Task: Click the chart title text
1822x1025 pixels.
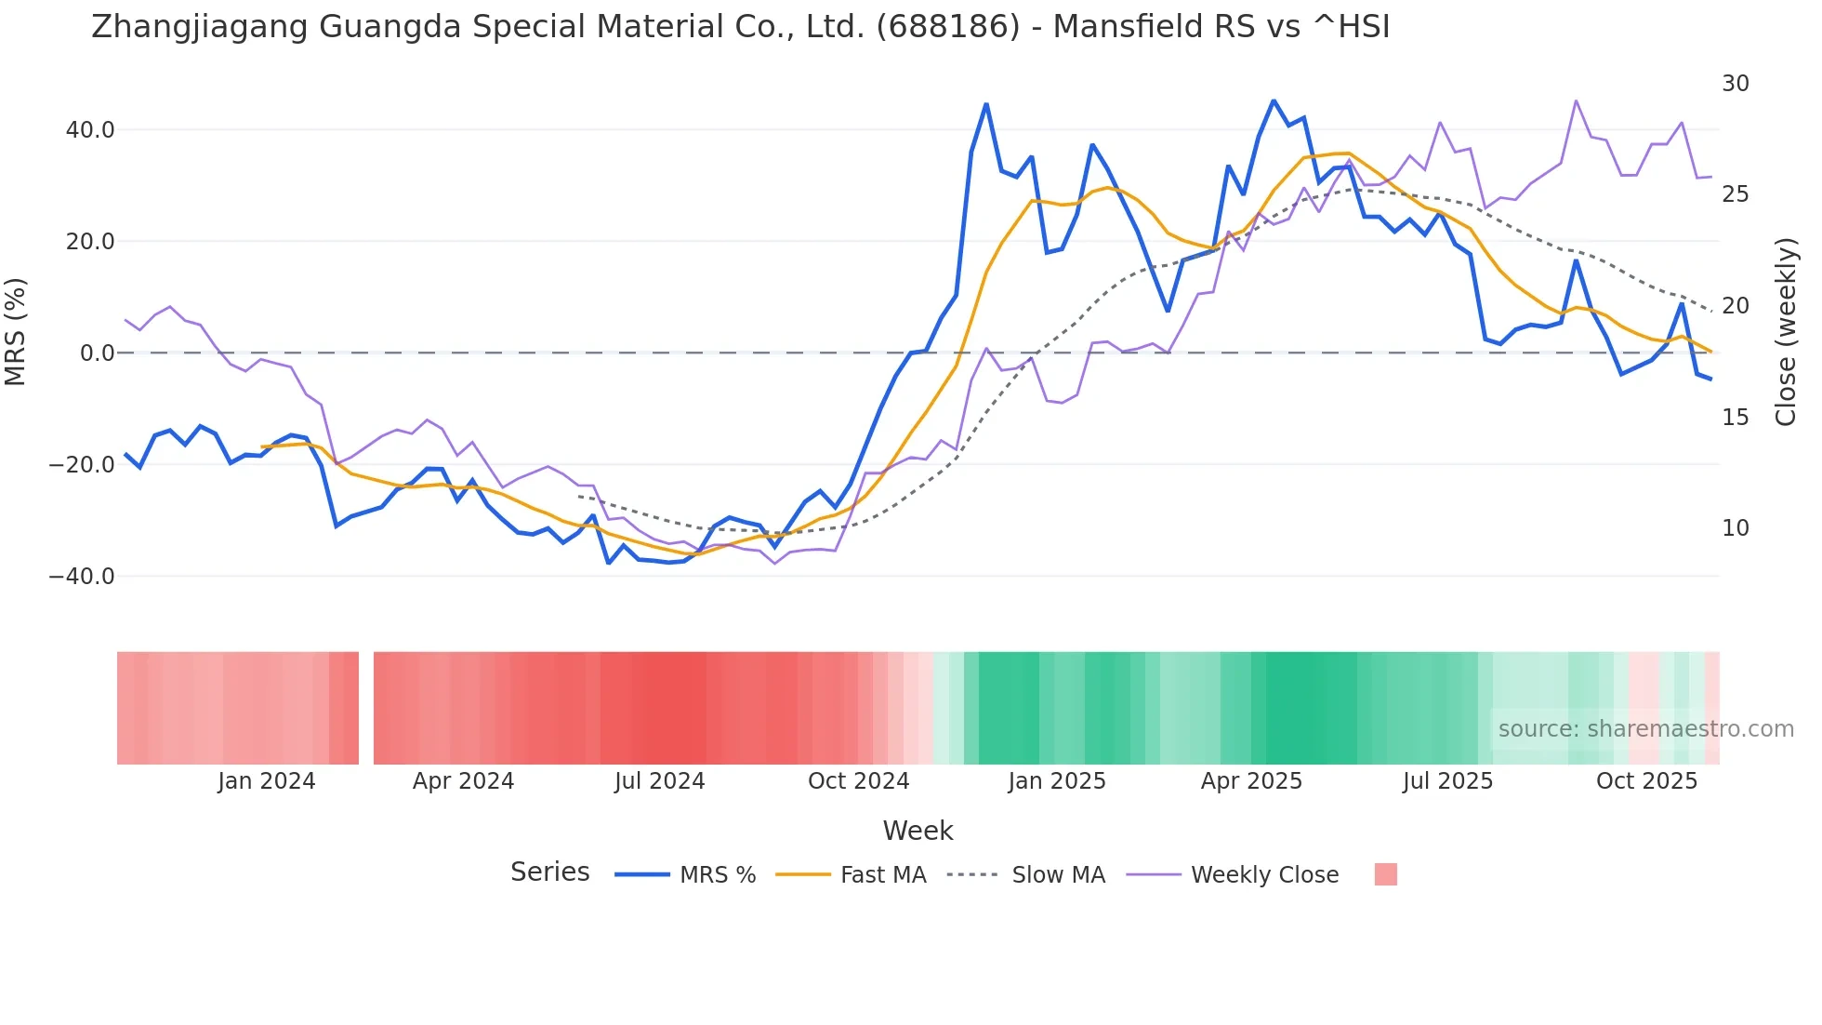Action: tap(740, 27)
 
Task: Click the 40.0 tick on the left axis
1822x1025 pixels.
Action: tap(90, 130)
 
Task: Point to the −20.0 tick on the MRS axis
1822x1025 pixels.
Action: tap(82, 465)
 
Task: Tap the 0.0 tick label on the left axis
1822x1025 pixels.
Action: tap(97, 353)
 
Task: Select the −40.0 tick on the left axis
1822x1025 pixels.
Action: tap(82, 577)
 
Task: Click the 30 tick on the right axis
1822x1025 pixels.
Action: tap(1735, 84)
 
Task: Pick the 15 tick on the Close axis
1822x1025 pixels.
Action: tap(1735, 418)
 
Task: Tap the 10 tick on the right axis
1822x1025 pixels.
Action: tap(1735, 528)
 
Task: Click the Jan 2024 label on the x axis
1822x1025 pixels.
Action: tap(267, 781)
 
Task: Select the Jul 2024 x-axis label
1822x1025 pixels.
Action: tap(659, 781)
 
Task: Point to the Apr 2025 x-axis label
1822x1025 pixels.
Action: tap(1251, 781)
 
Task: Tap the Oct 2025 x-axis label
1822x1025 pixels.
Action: tap(1646, 781)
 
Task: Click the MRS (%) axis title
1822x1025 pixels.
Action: tap(16, 331)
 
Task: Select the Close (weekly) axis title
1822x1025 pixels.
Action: tap(1785, 331)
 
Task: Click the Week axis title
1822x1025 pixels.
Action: tap(918, 831)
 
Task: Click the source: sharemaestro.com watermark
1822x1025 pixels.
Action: tap(1645, 729)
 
